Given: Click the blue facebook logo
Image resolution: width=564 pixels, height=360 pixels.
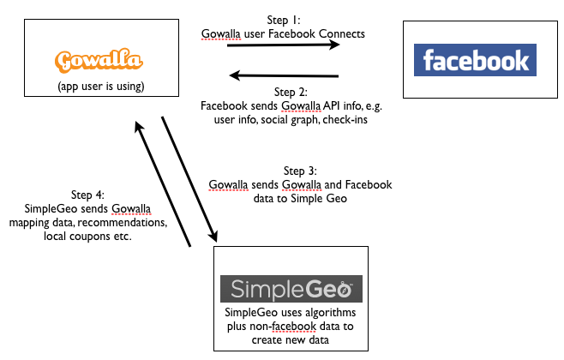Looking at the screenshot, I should coord(476,61).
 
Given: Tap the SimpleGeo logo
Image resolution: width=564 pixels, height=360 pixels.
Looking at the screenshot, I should coord(291,288).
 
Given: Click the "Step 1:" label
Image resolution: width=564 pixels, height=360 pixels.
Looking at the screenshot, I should coord(283,20).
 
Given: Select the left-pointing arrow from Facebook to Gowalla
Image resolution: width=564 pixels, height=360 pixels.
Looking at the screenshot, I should coord(283,75).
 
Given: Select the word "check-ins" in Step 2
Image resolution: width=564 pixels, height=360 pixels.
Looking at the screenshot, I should coord(361,119).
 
